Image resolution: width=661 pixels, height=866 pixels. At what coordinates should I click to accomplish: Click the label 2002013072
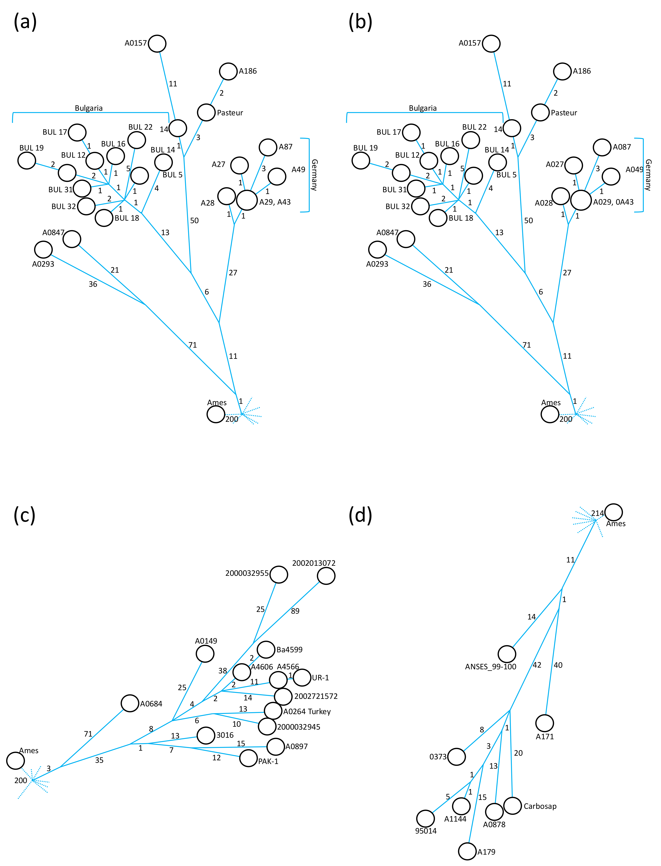[x=314, y=563]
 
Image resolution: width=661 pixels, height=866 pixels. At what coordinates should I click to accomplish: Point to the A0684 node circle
[x=130, y=703]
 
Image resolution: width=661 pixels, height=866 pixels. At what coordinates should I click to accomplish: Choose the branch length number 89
[x=295, y=611]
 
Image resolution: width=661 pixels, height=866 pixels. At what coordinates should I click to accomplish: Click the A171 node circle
[x=544, y=723]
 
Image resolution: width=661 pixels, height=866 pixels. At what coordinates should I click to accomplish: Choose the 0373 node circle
[x=456, y=756]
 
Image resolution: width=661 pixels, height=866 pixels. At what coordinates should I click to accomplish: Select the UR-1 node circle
[x=302, y=677]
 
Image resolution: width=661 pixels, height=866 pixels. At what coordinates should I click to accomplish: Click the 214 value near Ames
[x=597, y=513]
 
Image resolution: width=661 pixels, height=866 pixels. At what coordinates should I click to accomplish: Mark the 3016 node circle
[x=206, y=735]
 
